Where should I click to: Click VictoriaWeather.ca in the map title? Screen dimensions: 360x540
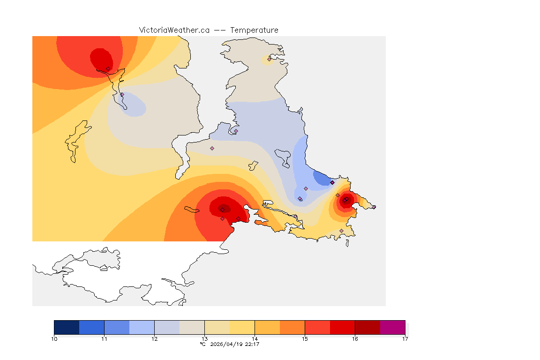coord(174,30)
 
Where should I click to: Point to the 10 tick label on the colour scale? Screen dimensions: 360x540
coord(54,338)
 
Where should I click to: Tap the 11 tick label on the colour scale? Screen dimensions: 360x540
coord(105,338)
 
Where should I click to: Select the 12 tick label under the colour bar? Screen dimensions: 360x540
coord(155,338)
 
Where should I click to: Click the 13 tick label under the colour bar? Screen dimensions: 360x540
coord(204,338)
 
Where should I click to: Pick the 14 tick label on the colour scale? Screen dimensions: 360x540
coord(255,338)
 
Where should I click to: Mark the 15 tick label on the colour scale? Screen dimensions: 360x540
coord(305,338)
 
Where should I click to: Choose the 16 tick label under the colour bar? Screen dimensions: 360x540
coord(355,338)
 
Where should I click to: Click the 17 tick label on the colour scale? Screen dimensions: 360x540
coord(405,338)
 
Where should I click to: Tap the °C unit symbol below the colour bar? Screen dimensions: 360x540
coord(202,344)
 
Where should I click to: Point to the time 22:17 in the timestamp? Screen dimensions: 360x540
coord(252,344)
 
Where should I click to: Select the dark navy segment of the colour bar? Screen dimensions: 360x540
coord(67,327)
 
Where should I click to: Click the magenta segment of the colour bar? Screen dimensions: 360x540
coord(392,327)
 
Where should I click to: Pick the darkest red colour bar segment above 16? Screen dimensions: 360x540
coord(367,327)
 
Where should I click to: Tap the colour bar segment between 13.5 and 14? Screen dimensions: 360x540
coord(242,327)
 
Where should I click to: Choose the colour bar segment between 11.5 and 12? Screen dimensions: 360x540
coord(142,327)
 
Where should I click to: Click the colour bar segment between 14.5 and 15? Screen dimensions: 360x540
coord(292,327)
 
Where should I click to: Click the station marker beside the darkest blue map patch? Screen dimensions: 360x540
coord(332,182)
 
